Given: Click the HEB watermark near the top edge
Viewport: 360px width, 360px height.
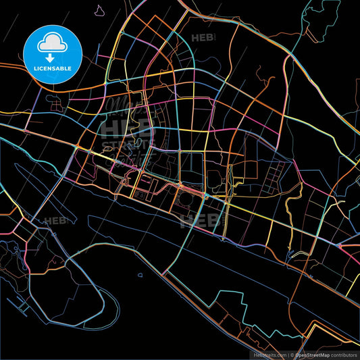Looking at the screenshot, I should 203,38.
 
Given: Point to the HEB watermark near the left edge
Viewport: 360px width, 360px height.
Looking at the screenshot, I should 54,220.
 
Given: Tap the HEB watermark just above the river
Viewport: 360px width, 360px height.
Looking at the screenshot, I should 200,220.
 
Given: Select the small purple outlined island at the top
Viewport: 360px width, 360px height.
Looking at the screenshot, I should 100,11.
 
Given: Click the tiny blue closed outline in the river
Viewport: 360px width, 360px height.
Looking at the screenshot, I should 140,275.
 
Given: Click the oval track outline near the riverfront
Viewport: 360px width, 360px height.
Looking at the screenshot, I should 183,200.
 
